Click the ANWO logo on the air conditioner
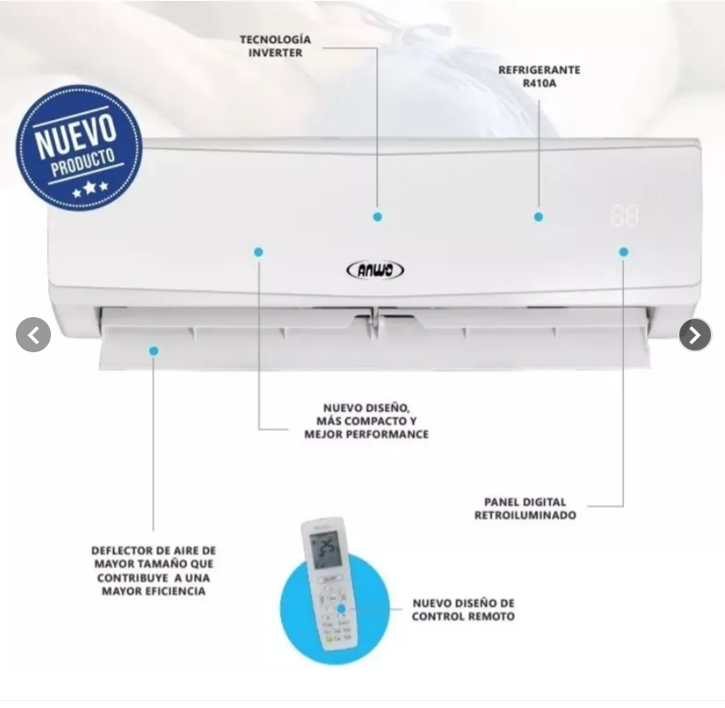(375, 270)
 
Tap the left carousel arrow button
(33, 335)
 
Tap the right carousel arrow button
(695, 335)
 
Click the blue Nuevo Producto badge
(78, 147)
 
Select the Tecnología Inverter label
(275, 46)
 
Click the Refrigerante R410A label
(539, 76)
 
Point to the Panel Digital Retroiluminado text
(526, 509)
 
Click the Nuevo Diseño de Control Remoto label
(463, 610)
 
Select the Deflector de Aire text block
(154, 571)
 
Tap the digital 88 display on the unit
(624, 215)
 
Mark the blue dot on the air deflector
(154, 350)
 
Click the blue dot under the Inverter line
(377, 216)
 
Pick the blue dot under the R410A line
(538, 216)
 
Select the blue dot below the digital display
(623, 252)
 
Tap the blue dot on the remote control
(341, 609)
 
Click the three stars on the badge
(91, 188)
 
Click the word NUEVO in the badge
(76, 135)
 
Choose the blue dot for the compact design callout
(258, 252)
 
